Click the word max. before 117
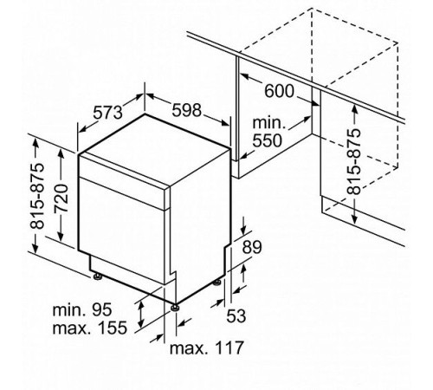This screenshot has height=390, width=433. point(189,348)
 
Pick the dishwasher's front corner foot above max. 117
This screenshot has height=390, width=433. point(176,305)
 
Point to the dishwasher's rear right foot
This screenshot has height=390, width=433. point(216,282)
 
